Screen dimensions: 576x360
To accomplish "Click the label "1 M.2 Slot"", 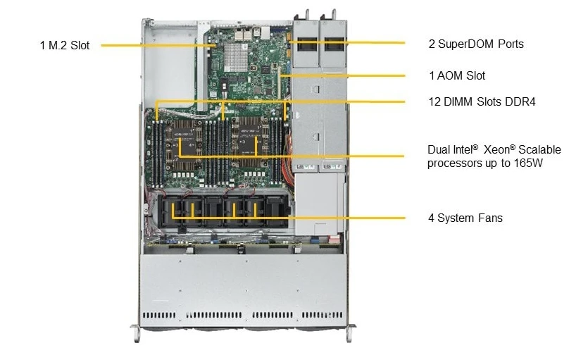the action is click(x=65, y=46).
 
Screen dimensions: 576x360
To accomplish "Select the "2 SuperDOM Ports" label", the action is click(x=476, y=44).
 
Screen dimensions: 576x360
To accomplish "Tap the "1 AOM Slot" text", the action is click(x=457, y=75).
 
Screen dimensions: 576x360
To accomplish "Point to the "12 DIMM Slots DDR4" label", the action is click(x=482, y=101).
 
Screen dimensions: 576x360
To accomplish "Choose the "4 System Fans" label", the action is click(x=465, y=218).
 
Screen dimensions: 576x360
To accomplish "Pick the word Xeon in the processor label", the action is click(x=496, y=149).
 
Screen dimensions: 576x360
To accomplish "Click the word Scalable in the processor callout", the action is click(x=539, y=149).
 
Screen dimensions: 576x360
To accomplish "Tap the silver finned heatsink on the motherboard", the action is click(x=236, y=57).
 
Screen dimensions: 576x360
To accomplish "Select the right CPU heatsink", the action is click(x=251, y=142).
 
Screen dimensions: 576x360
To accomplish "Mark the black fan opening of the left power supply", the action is click(x=307, y=44).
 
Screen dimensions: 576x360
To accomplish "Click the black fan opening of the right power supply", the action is click(x=334, y=44).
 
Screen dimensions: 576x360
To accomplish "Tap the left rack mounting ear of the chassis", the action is click(x=136, y=333).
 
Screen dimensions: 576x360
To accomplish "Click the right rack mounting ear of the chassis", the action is click(x=351, y=333).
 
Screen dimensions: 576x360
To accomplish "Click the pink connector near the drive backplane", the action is click(x=334, y=239).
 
